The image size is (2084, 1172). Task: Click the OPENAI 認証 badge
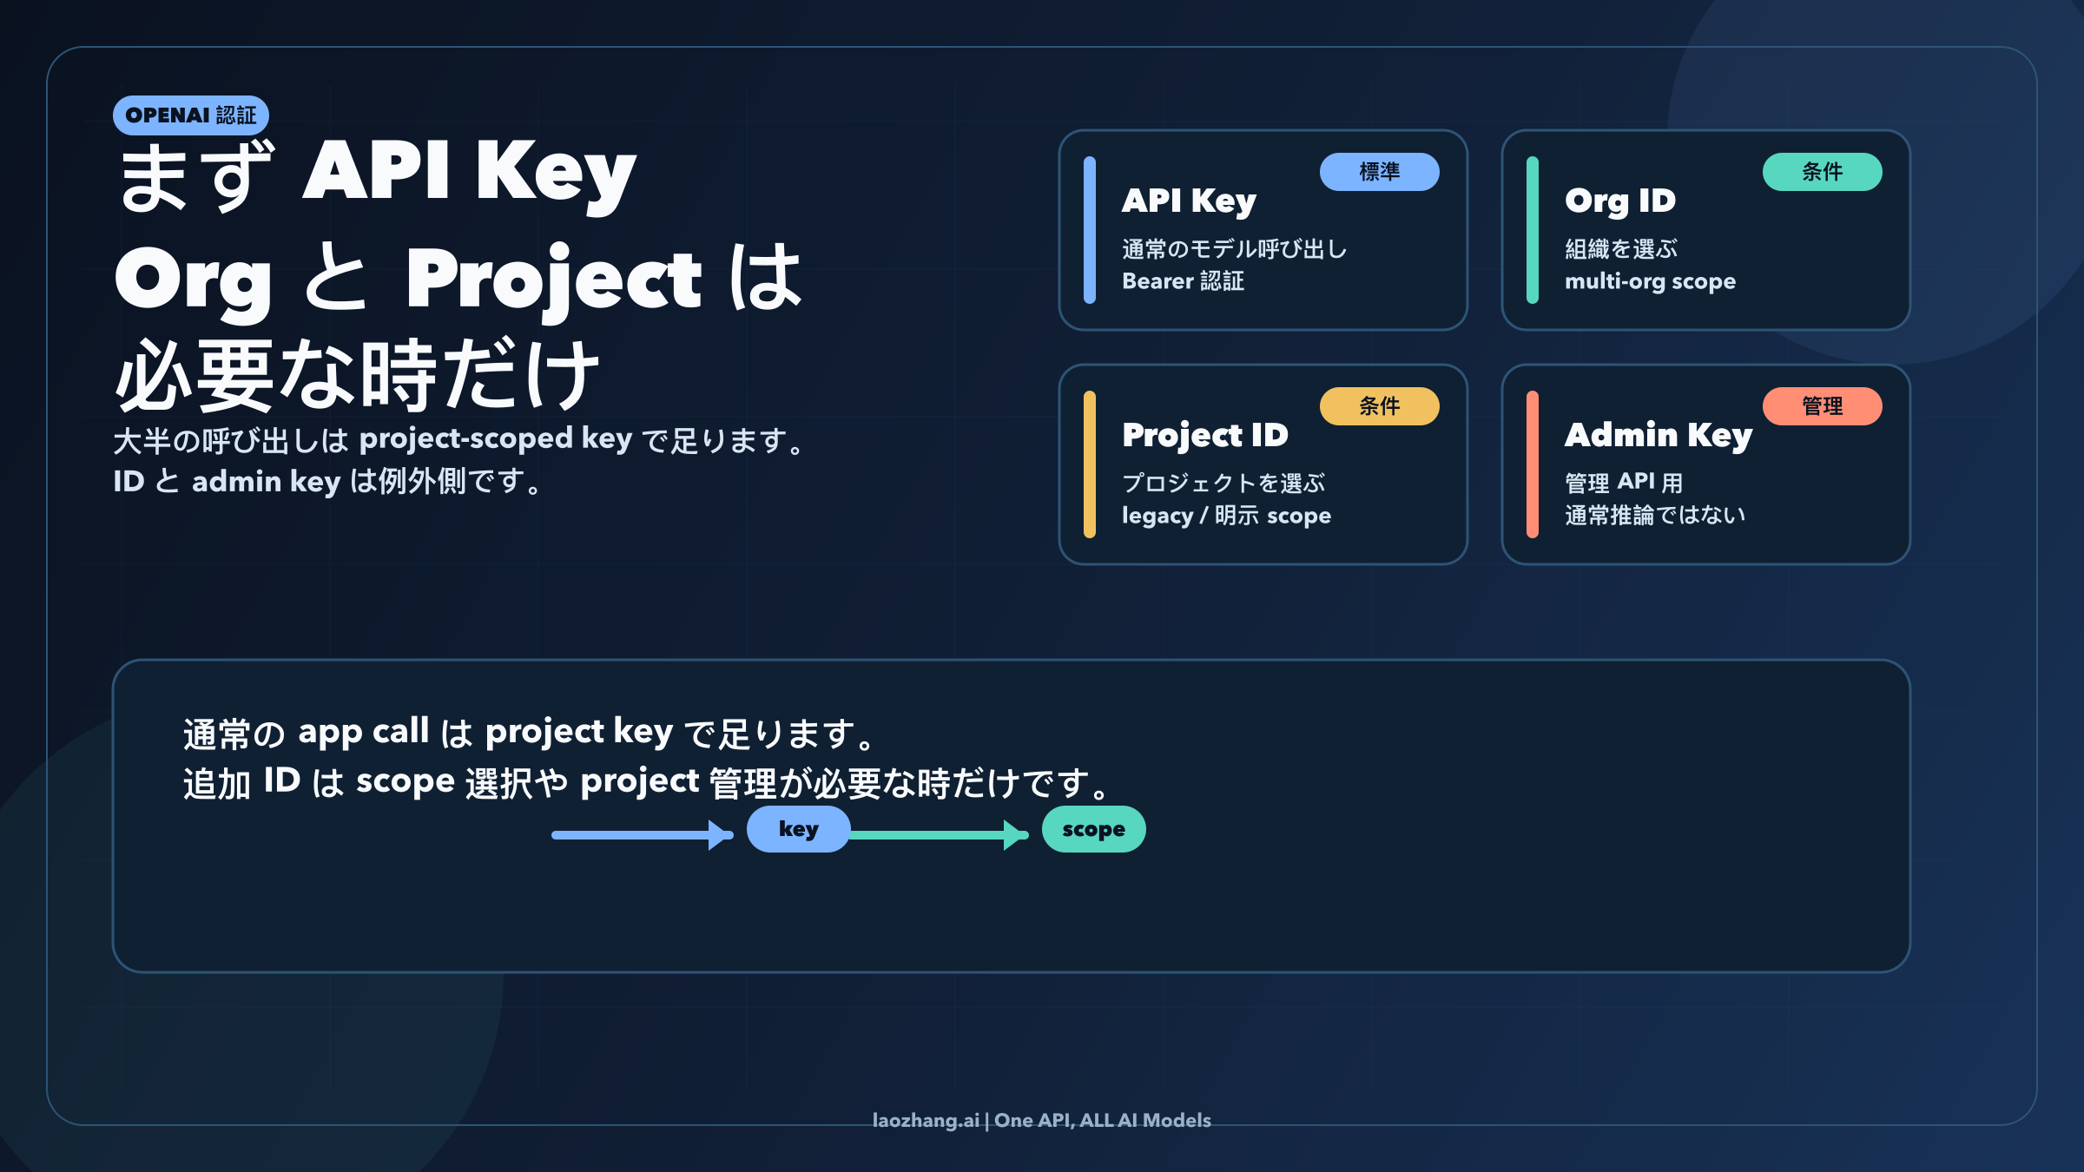point(191,115)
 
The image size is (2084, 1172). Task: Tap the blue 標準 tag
point(1379,172)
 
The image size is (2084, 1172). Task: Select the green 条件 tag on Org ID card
point(1822,172)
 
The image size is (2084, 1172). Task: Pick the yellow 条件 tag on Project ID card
point(1379,406)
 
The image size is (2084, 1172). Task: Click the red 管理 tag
point(1822,406)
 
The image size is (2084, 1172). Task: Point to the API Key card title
point(1189,201)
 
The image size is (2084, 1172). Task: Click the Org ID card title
point(1620,201)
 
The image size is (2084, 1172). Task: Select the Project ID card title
point(1205,436)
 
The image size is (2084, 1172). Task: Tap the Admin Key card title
point(1659,436)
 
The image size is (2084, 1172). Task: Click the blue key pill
point(798,829)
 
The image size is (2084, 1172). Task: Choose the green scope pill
point(1093,829)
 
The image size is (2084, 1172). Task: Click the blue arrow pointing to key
point(643,835)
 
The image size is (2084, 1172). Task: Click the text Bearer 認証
point(1183,281)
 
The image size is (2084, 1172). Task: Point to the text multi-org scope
point(1650,281)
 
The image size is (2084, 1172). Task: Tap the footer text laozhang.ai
point(926,1121)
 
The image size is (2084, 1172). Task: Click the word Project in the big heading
point(553,280)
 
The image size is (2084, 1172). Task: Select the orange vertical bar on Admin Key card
point(1533,464)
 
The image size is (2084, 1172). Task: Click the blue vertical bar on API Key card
point(1090,230)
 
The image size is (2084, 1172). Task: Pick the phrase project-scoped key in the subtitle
point(496,439)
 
